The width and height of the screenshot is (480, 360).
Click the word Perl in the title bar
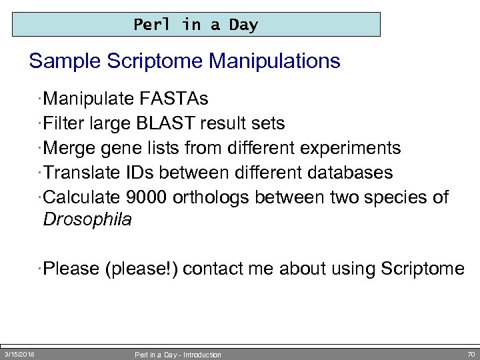tap(147, 25)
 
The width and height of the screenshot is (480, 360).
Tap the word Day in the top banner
tap(243, 25)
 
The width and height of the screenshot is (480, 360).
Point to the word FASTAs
tap(174, 100)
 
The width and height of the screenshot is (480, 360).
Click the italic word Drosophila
tap(87, 220)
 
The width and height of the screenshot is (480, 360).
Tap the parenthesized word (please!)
tap(141, 269)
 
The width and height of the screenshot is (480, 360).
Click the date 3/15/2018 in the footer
tap(20, 354)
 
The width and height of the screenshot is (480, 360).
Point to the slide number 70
tap(471, 354)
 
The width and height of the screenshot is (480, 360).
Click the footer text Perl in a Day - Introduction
tap(178, 355)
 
